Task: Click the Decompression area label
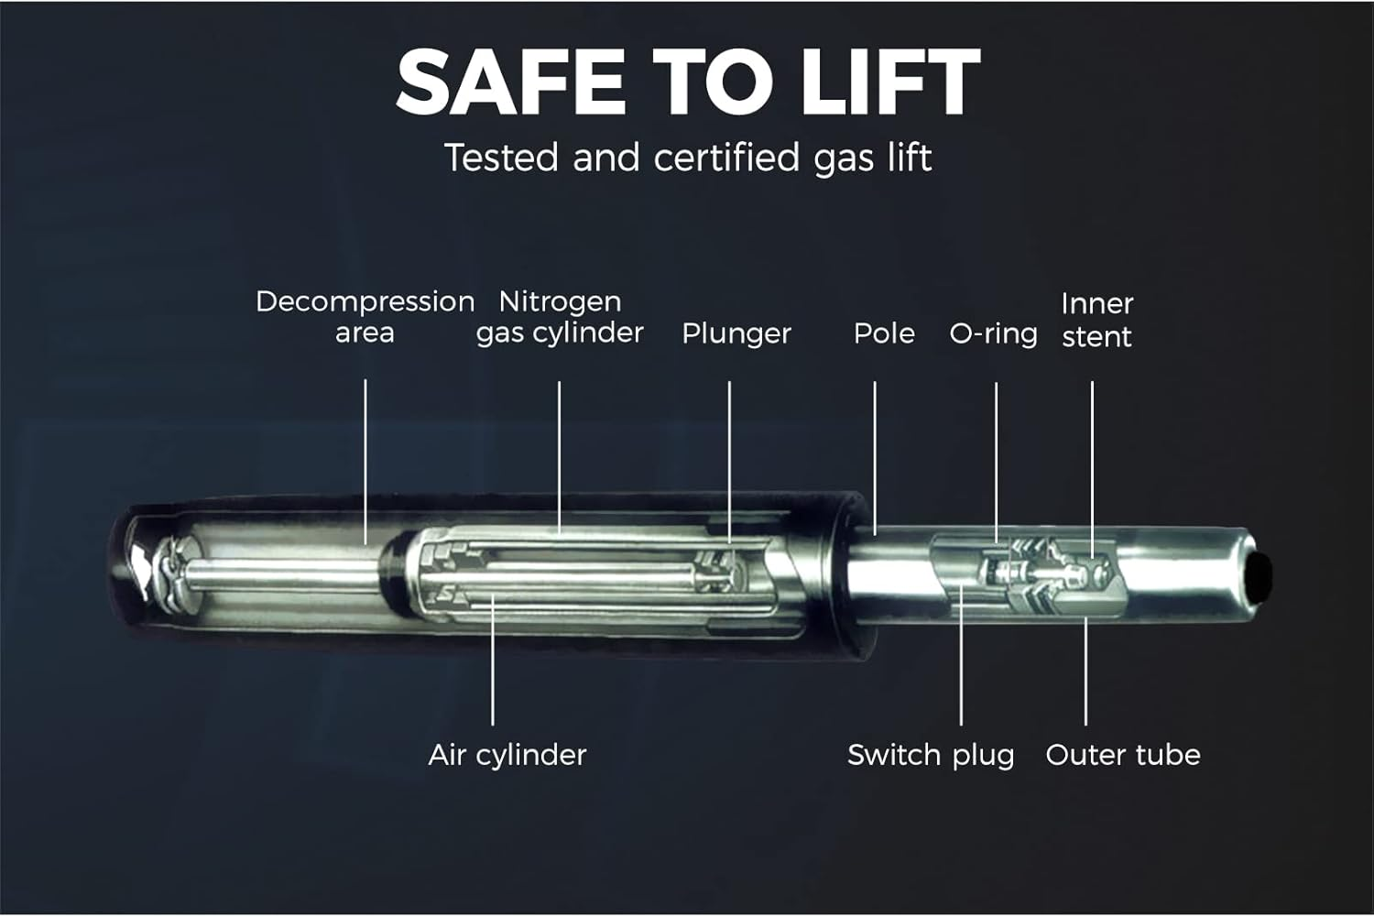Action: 365,317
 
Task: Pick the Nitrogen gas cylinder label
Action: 560,317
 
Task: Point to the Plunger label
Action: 736,334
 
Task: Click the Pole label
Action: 884,333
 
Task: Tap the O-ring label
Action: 993,334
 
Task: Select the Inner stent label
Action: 1096,321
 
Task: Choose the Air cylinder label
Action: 507,756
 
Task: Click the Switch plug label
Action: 931,756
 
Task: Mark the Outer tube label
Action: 1122,755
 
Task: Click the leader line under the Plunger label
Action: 729,463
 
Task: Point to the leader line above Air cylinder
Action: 493,659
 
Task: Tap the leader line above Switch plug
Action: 961,655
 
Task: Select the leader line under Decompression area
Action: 365,462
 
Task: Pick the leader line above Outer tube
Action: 1085,671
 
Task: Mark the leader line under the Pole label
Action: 875,458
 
